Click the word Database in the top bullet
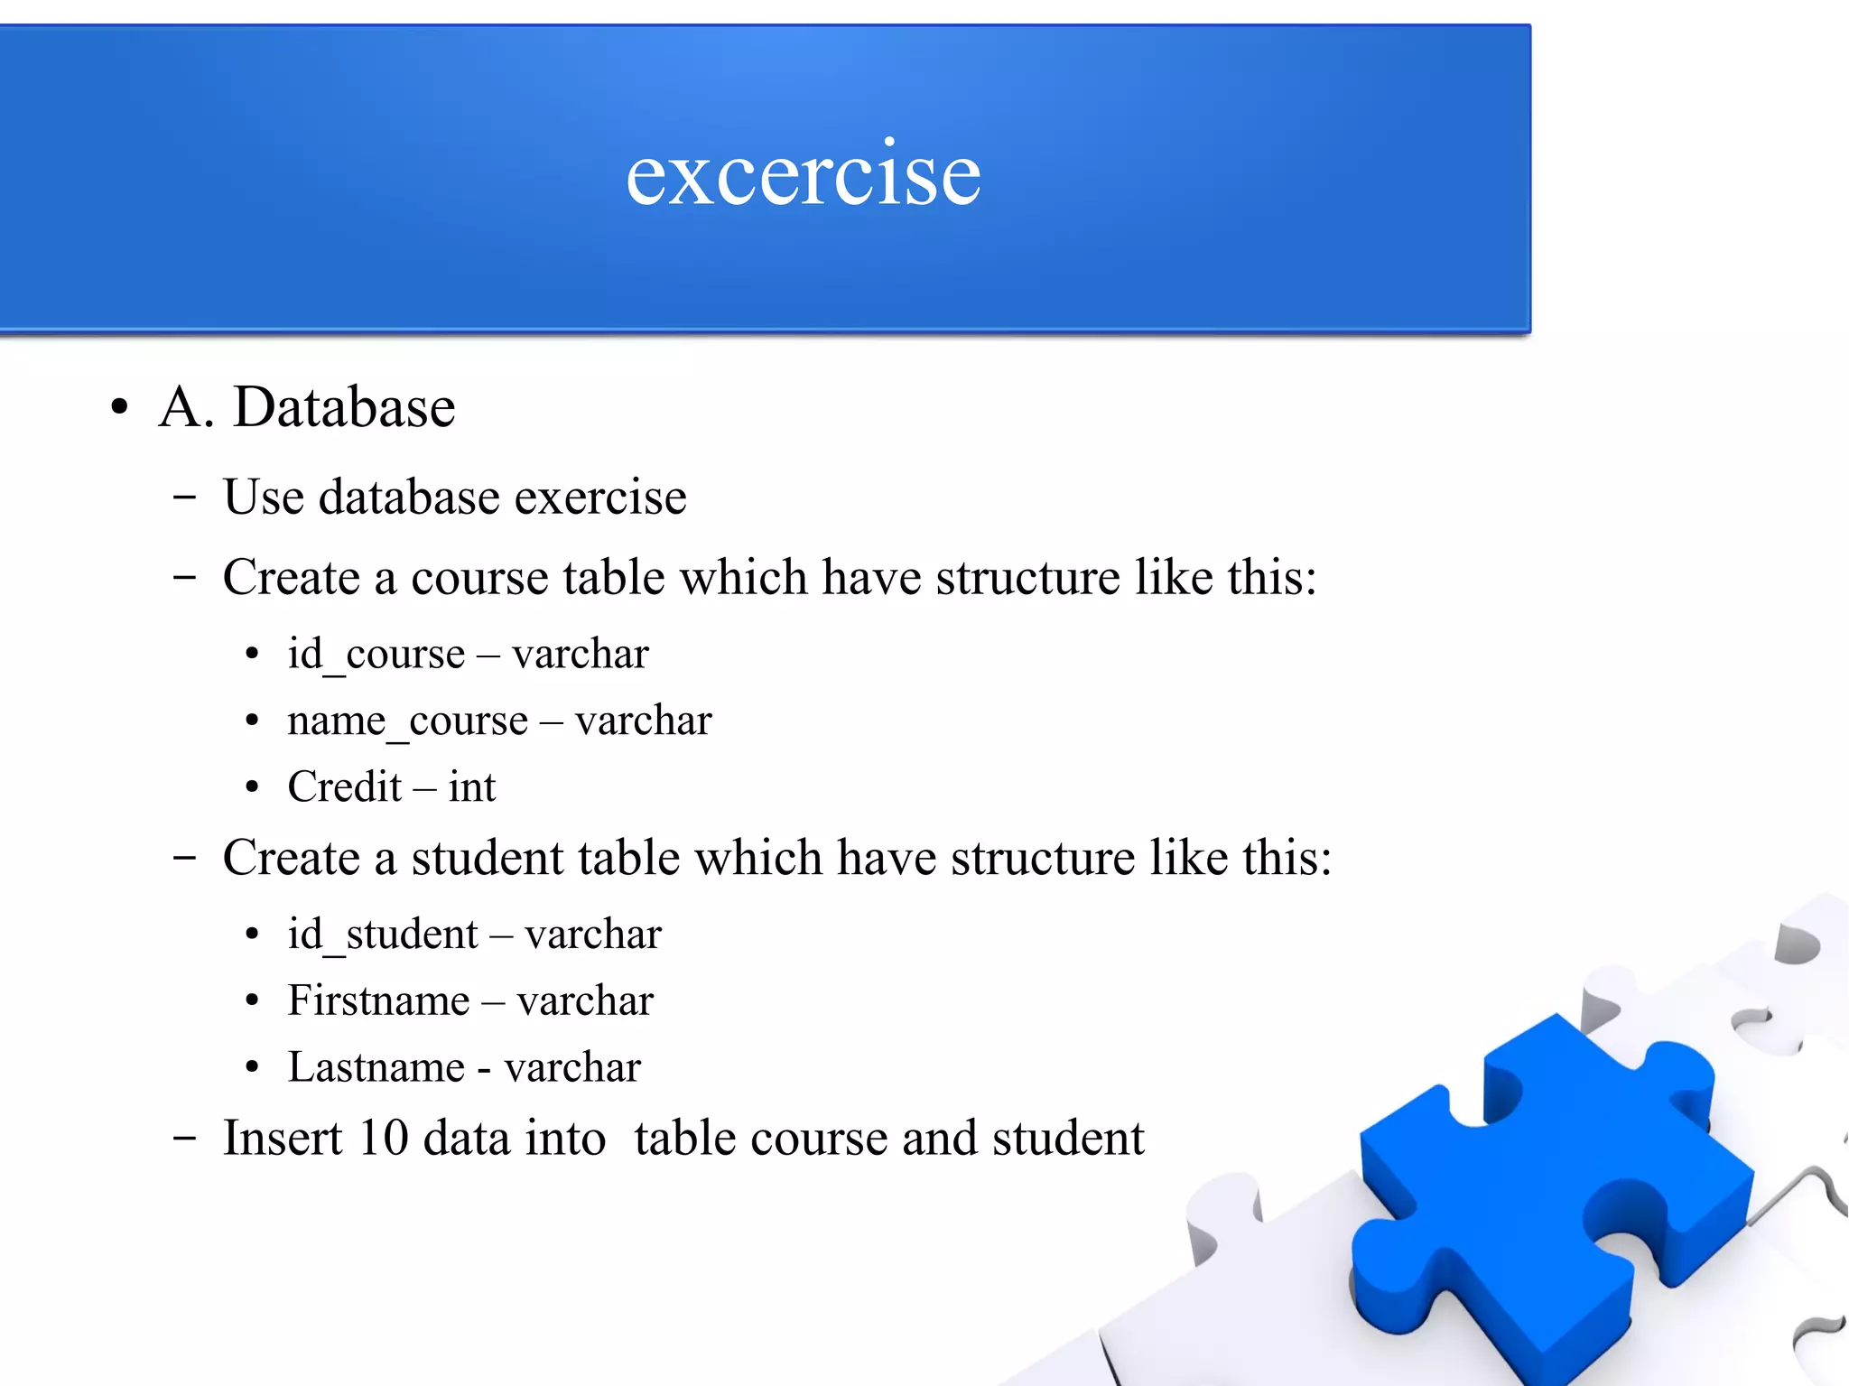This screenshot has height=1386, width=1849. tap(344, 407)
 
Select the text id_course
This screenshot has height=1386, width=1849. tap(376, 654)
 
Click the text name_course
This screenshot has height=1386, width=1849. tap(407, 721)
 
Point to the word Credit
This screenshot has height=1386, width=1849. tap(344, 786)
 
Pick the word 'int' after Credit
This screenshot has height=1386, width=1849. tap(472, 786)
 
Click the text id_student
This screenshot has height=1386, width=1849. tap(382, 934)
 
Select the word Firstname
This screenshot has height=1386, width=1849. tap(378, 1000)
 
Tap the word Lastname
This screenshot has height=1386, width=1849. tap(376, 1067)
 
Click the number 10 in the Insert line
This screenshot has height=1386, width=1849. tap(383, 1138)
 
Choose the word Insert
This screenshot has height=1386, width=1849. tap(283, 1138)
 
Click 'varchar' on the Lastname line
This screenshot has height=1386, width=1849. tap(572, 1067)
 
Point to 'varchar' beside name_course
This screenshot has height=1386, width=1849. tap(643, 721)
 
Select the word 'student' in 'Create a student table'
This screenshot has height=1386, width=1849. tap(488, 858)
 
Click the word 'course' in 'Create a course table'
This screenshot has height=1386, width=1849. tap(479, 578)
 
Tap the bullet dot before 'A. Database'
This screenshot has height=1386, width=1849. tap(119, 408)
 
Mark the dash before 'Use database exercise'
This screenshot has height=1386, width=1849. tap(184, 497)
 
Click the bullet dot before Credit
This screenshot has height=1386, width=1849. tap(252, 787)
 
